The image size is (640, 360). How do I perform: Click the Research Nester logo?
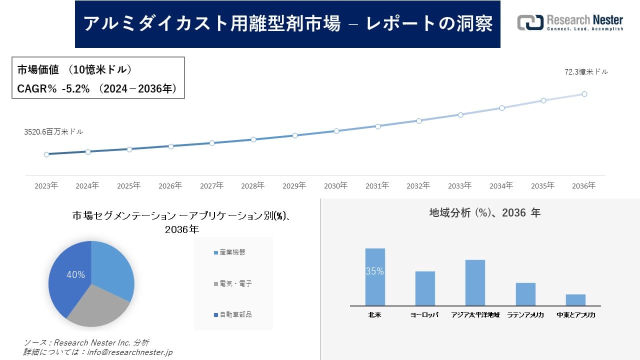570,23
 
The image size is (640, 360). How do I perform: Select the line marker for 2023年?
46,154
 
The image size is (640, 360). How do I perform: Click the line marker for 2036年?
584,94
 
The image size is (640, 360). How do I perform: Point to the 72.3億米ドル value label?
586,72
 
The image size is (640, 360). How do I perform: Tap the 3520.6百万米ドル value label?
53,132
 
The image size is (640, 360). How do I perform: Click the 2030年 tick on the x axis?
335,186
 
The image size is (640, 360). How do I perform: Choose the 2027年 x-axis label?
211,186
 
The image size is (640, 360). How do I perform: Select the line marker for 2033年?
460,114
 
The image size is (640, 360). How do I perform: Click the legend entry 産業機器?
229,252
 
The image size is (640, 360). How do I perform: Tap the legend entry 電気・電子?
232,283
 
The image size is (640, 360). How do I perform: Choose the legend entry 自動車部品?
232,314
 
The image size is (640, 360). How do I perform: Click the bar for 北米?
375,277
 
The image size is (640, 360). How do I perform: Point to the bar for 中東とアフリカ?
575,300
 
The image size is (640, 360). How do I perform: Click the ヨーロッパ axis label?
424,315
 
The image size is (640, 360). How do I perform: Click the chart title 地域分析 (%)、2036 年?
484,213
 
